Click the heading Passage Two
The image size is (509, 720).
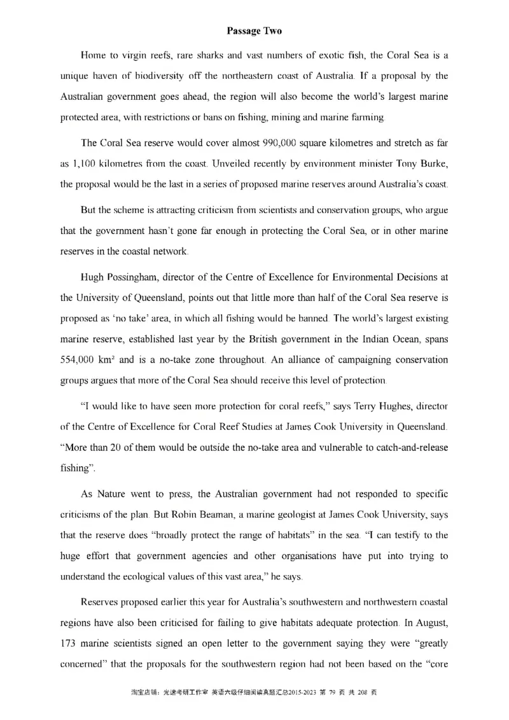pyautogui.click(x=254, y=31)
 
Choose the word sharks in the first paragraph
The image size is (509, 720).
pyautogui.click(x=206, y=56)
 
